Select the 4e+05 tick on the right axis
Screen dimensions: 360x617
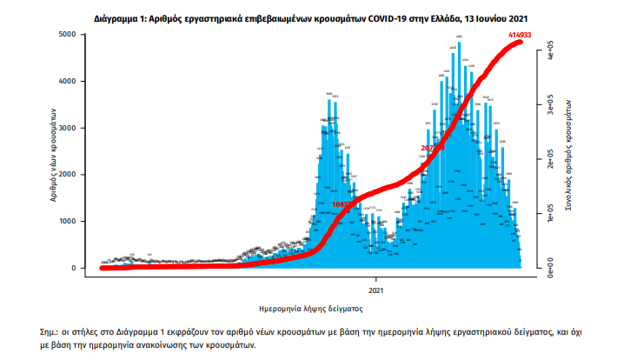point(548,53)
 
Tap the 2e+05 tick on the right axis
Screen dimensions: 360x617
point(548,162)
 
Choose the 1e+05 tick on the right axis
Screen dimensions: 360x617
point(548,216)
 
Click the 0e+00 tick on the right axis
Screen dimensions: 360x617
point(548,270)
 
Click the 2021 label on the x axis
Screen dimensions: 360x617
point(376,289)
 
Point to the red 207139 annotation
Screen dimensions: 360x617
point(432,149)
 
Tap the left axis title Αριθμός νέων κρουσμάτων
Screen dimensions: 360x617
point(54,154)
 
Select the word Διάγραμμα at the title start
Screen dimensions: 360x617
point(119,17)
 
